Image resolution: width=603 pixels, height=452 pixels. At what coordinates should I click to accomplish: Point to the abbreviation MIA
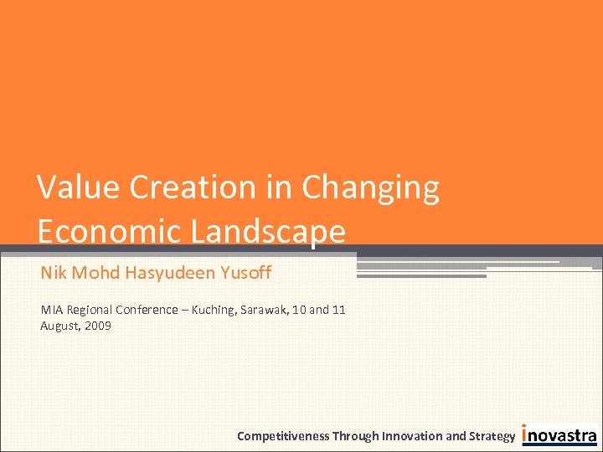pyautogui.click(x=51, y=310)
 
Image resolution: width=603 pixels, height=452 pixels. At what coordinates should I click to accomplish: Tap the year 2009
pyautogui.click(x=97, y=326)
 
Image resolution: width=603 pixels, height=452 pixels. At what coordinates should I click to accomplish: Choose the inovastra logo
pyautogui.click(x=559, y=435)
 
